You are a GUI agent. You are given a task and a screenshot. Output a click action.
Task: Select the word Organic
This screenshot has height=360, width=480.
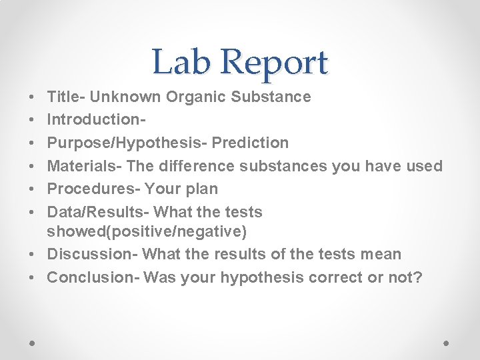point(196,97)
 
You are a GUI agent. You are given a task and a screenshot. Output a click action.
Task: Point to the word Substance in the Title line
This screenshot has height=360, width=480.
point(271,97)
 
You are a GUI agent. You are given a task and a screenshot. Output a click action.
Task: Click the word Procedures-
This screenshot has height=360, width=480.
point(93,189)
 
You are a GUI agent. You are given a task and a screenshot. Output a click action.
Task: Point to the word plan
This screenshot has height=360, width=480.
point(202,189)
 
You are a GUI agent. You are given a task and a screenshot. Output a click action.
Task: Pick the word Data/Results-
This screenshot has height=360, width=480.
point(98,212)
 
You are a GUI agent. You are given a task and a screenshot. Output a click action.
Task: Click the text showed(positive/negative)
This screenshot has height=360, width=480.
point(147,231)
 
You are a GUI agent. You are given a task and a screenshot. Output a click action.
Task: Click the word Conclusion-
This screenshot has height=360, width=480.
point(93,277)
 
